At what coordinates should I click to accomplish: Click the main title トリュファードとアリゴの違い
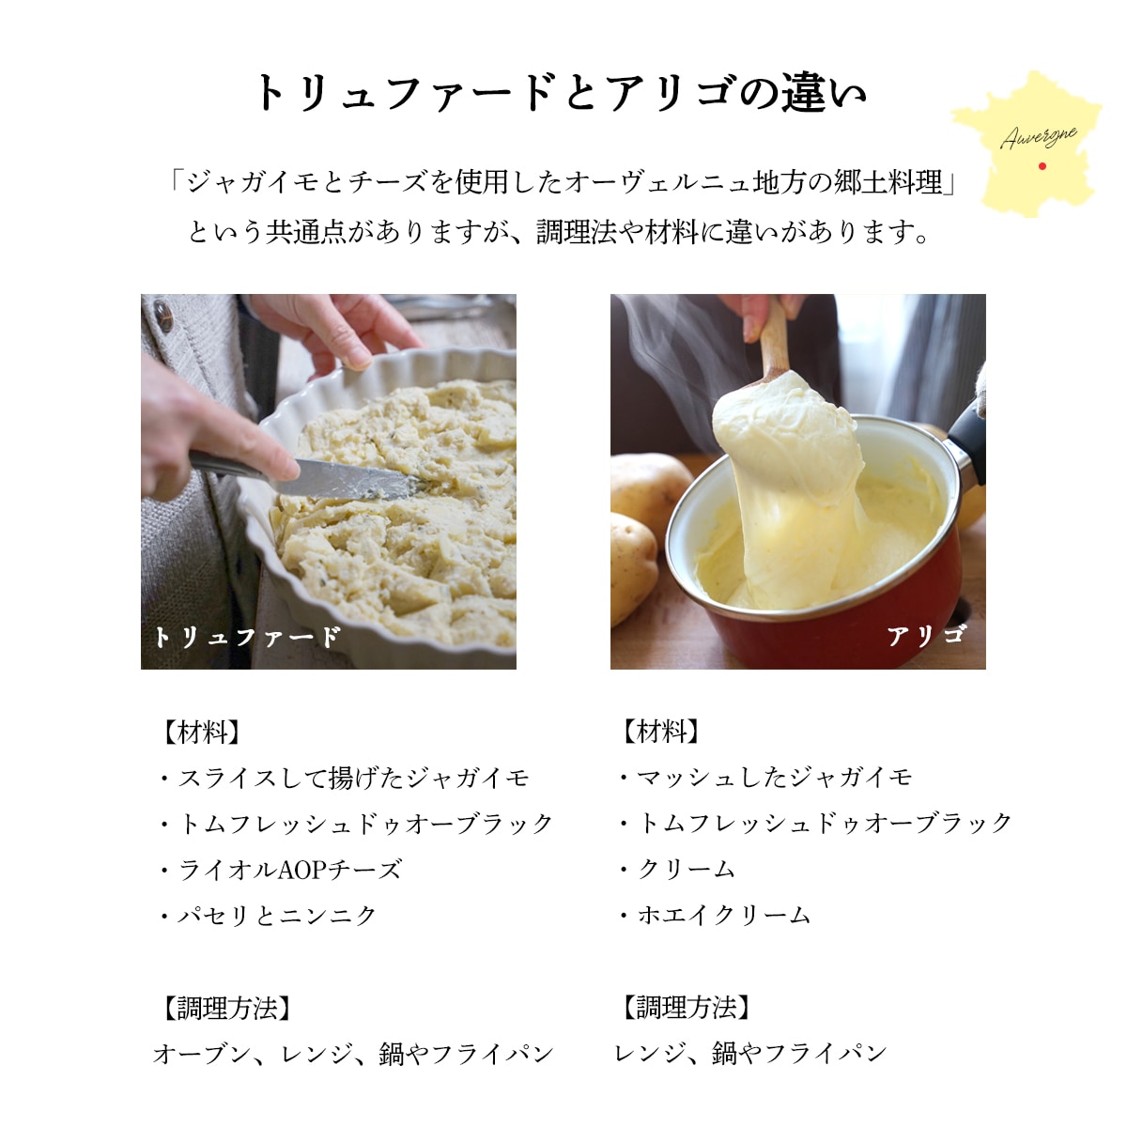coord(561,93)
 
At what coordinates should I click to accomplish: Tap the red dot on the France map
coord(1042,167)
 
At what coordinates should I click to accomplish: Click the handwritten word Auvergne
coord(1038,137)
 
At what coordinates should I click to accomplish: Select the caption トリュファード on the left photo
coord(247,637)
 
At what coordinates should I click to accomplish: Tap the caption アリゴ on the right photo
coord(926,636)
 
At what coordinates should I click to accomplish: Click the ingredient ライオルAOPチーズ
coord(289,870)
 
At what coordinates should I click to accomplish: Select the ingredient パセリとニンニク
coord(277,915)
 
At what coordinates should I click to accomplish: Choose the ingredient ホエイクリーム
coord(723,915)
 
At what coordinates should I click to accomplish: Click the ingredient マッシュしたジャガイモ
coord(774,777)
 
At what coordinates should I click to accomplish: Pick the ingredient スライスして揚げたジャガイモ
coord(353,778)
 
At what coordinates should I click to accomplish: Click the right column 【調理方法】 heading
coord(686,1008)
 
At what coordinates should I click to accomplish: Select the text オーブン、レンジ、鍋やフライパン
coord(353,1054)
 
